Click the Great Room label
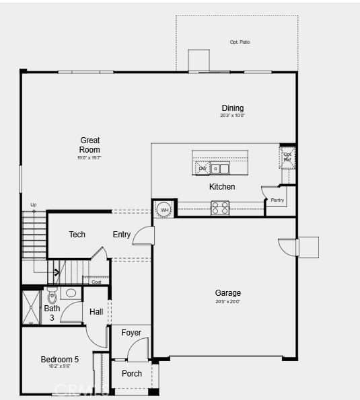click(x=89, y=145)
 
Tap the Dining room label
click(x=232, y=108)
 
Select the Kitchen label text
click(x=222, y=187)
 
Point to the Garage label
click(x=227, y=293)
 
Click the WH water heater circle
click(x=164, y=210)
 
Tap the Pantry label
click(x=277, y=200)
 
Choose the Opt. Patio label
click(x=240, y=42)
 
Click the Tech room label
click(x=77, y=235)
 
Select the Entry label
click(x=122, y=235)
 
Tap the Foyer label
click(x=131, y=333)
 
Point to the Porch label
click(x=132, y=374)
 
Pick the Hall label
click(x=96, y=312)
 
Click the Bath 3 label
click(x=52, y=313)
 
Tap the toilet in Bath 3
click(x=52, y=296)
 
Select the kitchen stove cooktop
click(x=220, y=208)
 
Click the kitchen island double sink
click(x=220, y=168)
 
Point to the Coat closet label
click(x=96, y=282)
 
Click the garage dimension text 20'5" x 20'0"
click(x=227, y=302)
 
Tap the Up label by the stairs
click(x=34, y=204)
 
